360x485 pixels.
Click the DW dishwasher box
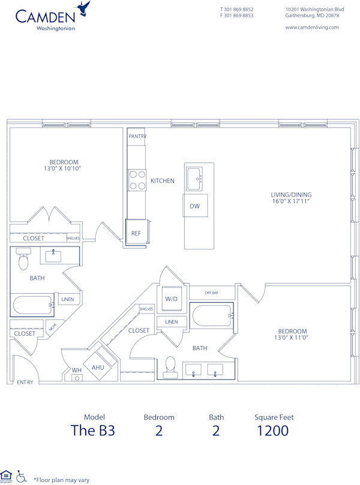click(194, 206)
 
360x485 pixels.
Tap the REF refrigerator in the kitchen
click(136, 233)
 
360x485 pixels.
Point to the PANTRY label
click(137, 136)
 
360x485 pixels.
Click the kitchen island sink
click(194, 177)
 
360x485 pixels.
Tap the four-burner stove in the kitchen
click(137, 180)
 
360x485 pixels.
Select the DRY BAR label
click(212, 293)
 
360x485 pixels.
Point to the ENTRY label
click(25, 382)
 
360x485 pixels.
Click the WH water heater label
click(77, 370)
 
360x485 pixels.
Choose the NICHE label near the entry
click(52, 328)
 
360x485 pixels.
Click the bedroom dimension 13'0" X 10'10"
click(64, 168)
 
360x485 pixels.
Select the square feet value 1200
click(273, 430)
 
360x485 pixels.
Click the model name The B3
click(92, 430)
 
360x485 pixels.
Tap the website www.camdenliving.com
click(311, 27)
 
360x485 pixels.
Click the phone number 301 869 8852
click(239, 10)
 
